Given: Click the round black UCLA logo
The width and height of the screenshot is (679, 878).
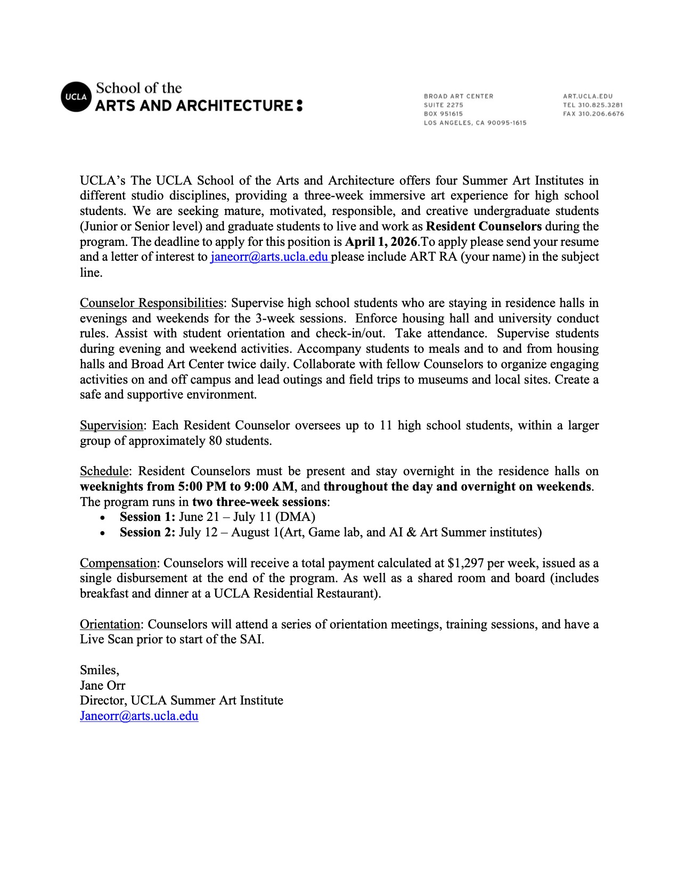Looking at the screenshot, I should click(74, 97).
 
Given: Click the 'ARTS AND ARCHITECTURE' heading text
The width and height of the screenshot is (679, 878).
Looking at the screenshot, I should click(194, 105).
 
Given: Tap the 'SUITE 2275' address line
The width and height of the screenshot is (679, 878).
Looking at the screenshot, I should click(443, 105).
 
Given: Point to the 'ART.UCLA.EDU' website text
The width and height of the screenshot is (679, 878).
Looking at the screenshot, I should click(587, 96).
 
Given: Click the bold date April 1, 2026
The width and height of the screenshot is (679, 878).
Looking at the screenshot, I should click(381, 242).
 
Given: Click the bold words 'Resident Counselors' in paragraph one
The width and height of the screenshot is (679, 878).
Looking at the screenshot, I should click(484, 226).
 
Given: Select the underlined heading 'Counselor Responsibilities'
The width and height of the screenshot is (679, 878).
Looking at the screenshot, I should click(151, 303).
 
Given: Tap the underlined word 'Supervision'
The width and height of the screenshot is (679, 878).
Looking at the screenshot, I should click(111, 425).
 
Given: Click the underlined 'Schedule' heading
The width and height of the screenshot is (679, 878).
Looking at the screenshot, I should click(104, 471).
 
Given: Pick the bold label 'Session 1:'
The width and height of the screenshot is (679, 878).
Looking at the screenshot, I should click(147, 517).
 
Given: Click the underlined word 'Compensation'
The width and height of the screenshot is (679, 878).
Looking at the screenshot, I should click(118, 563).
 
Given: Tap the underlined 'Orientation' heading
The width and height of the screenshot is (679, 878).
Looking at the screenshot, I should click(110, 624).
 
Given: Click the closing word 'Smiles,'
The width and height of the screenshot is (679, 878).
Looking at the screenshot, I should click(100, 670).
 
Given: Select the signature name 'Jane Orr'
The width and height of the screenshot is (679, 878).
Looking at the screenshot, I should click(102, 685).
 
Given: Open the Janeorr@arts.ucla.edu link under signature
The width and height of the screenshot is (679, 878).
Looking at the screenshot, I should click(139, 716).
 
